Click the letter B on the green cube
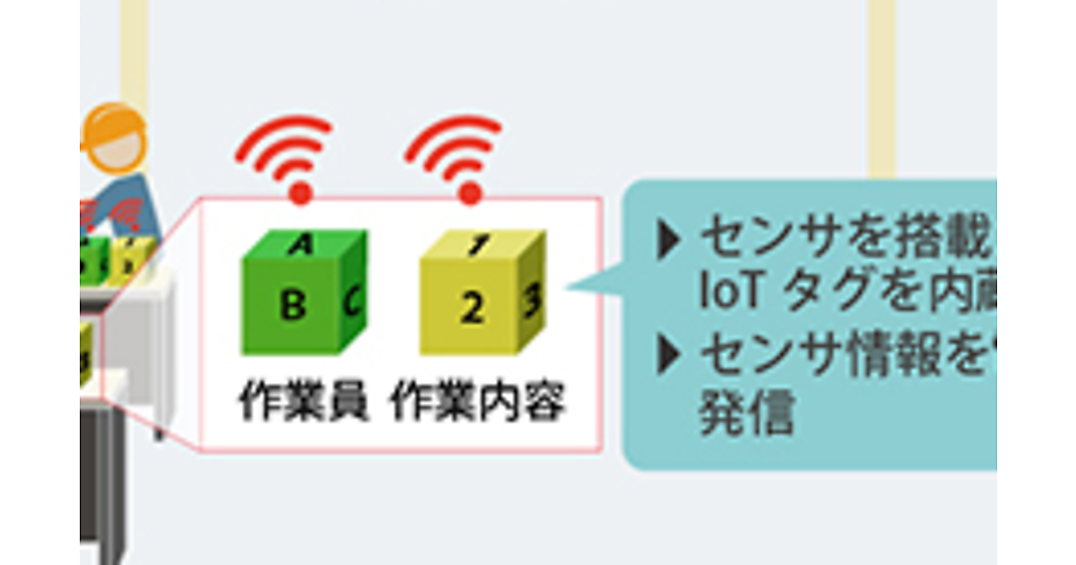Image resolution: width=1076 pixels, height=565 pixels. point(292,306)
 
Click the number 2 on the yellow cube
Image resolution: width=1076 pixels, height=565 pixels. point(472,308)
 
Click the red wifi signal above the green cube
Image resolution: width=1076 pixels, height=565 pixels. point(286,150)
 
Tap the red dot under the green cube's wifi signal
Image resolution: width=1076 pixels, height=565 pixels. point(301,191)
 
